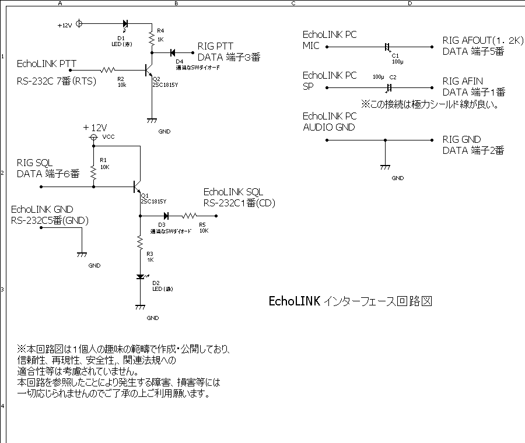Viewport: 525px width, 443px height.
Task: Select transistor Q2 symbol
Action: tap(149, 70)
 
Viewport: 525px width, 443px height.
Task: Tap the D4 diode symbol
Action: tap(173, 52)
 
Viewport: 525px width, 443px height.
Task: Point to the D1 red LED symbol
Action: tap(125, 24)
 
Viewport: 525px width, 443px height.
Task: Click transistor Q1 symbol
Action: tap(138, 187)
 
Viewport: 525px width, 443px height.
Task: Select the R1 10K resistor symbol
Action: tap(93, 172)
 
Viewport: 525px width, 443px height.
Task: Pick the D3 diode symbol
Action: tap(166, 216)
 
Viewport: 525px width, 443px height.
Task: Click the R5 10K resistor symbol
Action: tap(191, 216)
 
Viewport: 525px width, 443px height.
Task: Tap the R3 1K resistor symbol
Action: tap(140, 241)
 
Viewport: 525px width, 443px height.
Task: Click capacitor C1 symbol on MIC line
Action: tap(387, 47)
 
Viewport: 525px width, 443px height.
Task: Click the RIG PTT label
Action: tap(215, 46)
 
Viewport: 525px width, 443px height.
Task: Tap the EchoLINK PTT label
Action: tap(47, 64)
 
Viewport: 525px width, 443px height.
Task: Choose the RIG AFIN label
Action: tap(463, 81)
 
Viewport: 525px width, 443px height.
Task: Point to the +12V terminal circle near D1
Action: tap(80, 24)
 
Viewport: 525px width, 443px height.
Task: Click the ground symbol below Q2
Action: tap(152, 121)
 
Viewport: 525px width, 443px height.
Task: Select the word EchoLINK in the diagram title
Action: tap(294, 301)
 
